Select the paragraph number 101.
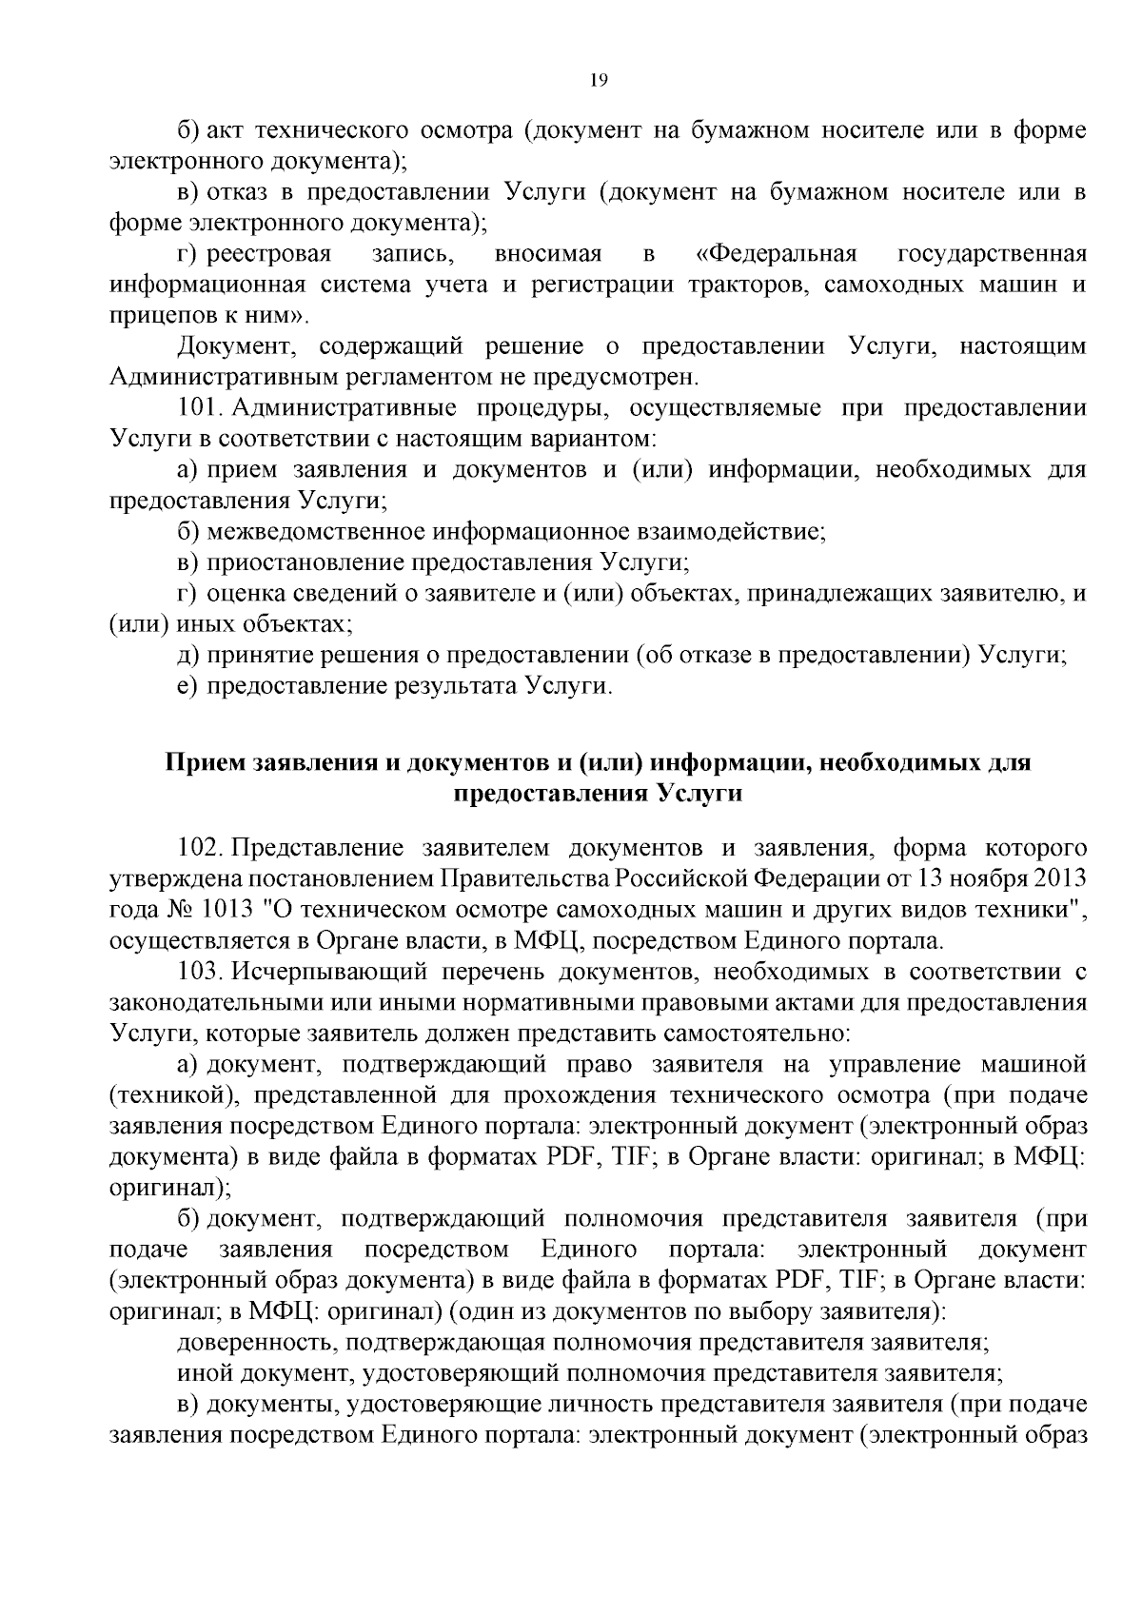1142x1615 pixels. pyautogui.click(x=200, y=408)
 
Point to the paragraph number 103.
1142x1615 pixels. pyautogui.click(x=200, y=972)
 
